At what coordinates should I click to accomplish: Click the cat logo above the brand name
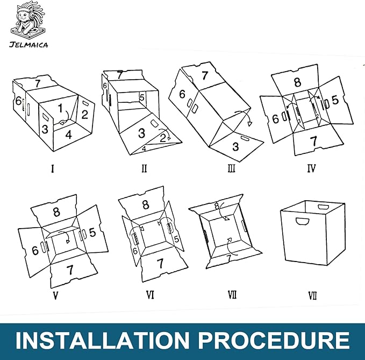click(28, 20)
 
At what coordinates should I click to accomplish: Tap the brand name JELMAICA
click(28, 45)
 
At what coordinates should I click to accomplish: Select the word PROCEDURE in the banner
click(274, 340)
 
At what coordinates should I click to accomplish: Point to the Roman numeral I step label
click(53, 168)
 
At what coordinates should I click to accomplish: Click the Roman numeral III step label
click(231, 168)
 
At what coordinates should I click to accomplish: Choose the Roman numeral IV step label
click(311, 168)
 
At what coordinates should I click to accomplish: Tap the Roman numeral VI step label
click(150, 295)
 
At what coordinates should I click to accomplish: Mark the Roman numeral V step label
click(55, 295)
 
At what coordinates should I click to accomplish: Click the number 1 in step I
click(60, 108)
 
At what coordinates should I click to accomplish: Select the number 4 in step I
click(68, 135)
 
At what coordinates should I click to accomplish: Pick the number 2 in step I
click(84, 115)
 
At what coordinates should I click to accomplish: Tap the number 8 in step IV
click(297, 82)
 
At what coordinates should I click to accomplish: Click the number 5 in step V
click(92, 232)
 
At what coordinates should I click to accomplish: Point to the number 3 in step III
click(235, 147)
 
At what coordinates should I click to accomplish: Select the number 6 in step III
click(182, 94)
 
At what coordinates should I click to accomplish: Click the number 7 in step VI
click(160, 263)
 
